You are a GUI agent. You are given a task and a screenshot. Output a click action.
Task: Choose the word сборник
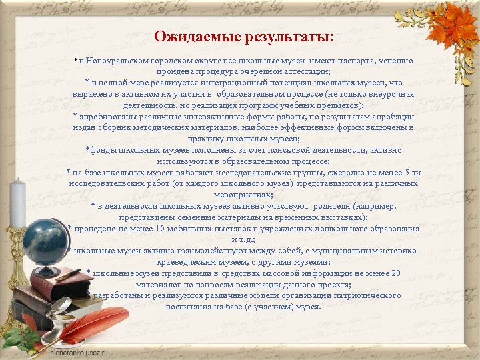(119, 127)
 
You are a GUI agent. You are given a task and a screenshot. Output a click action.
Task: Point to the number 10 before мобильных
(159, 229)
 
